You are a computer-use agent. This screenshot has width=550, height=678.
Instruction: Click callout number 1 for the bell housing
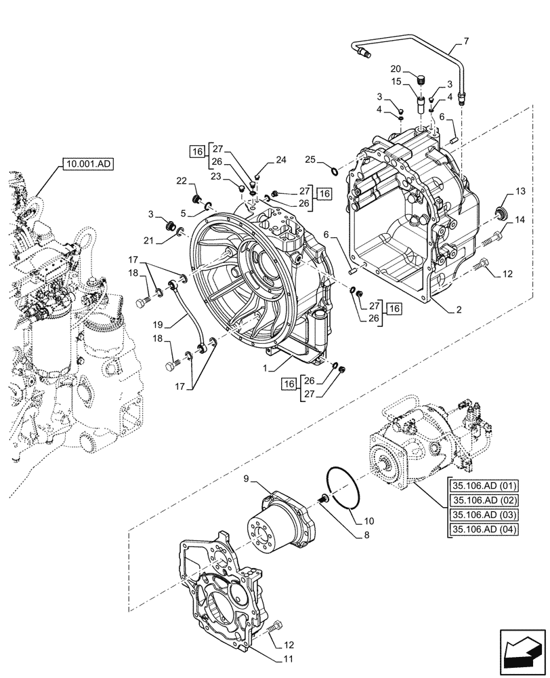coord(269,368)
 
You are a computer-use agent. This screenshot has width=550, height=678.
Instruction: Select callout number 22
coord(182,180)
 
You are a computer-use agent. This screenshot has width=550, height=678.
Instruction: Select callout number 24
coord(281,161)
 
